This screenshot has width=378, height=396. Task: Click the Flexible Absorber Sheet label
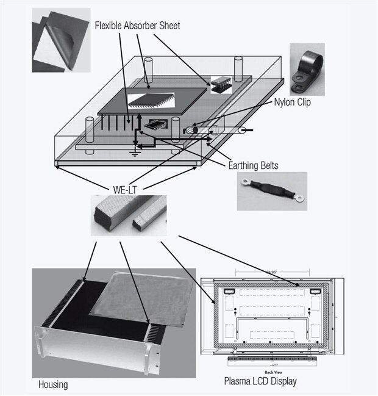coord(137,26)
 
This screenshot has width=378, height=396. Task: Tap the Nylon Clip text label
coord(292,103)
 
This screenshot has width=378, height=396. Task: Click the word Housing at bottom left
coord(53,384)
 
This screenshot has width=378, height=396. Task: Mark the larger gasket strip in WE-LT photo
coord(111,216)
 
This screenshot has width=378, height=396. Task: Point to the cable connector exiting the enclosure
coord(241,131)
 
